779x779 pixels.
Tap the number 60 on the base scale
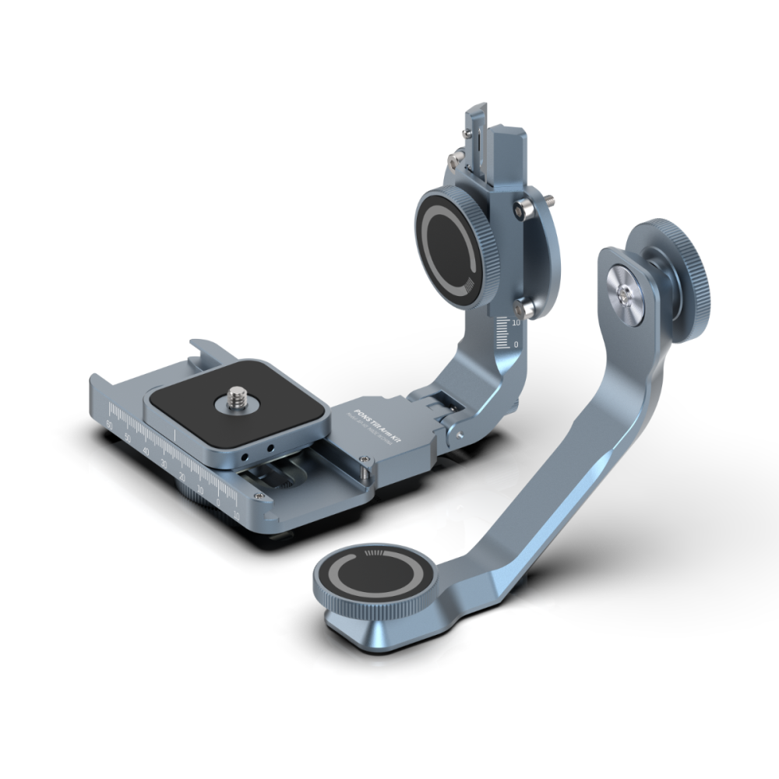pyautogui.click(x=109, y=424)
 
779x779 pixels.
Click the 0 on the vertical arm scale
pyautogui.click(x=516, y=344)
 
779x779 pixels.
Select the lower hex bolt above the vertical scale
pyautogui.click(x=527, y=308)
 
